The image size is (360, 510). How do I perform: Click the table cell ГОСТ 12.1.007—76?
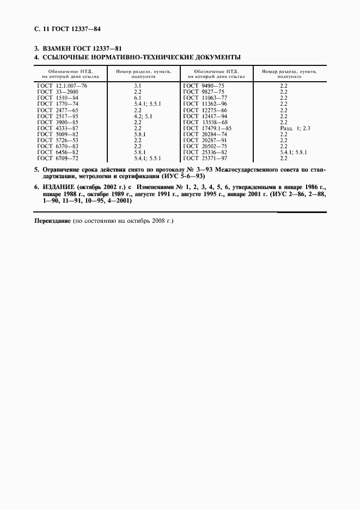point(63,86)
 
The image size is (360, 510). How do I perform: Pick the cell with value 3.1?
point(138,86)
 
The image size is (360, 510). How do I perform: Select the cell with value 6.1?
point(138,98)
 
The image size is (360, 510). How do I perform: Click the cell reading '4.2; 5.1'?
point(143,116)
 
